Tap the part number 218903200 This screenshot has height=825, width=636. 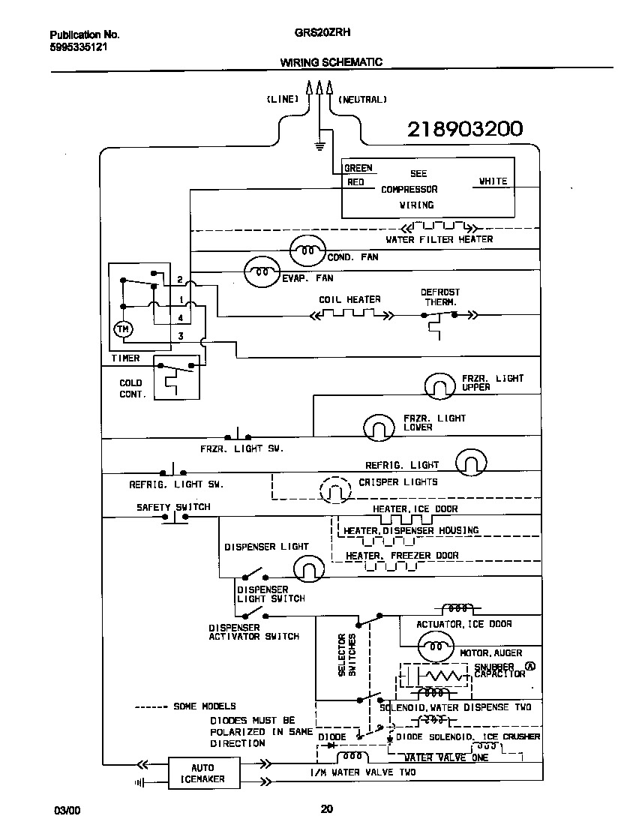click(464, 130)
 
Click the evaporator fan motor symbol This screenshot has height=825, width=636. click(262, 272)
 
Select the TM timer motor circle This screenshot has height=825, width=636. click(121, 328)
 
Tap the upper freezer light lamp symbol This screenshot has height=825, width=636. click(440, 385)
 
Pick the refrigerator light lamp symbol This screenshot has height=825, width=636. click(471, 462)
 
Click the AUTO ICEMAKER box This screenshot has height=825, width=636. click(202, 773)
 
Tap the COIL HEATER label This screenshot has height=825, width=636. click(349, 299)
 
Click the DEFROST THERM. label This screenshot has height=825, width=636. click(440, 297)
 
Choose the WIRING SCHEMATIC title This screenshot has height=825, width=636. click(331, 62)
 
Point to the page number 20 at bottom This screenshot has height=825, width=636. click(326, 808)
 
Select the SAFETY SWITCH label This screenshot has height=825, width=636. click(173, 507)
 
